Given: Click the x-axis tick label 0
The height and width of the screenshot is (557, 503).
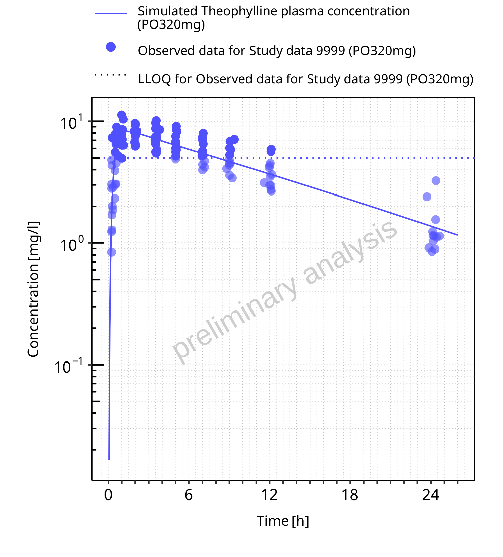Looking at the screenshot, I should [x=108, y=495].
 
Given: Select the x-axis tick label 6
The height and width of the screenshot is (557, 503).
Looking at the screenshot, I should [x=189, y=495].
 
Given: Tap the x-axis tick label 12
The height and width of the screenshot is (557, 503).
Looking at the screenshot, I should [x=269, y=495].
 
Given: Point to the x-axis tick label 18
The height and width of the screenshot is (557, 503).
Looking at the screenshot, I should [x=350, y=495].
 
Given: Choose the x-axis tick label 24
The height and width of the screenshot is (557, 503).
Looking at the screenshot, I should [x=430, y=495].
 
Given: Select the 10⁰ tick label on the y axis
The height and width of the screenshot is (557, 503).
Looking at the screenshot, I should [x=71, y=244].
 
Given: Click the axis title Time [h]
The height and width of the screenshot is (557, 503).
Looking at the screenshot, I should [x=283, y=521].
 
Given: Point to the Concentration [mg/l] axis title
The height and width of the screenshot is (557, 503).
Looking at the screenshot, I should [x=33, y=289].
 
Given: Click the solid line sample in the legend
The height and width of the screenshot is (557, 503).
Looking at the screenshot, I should [x=111, y=13].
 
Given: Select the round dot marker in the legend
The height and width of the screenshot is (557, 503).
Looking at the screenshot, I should [x=111, y=47].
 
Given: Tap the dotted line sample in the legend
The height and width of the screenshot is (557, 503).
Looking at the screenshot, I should [x=111, y=75].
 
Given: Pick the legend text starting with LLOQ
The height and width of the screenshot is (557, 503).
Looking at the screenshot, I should [x=305, y=79].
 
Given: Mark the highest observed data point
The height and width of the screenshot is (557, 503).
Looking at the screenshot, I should [x=122, y=115].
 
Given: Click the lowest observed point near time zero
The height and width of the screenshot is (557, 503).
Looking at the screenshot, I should [x=112, y=252].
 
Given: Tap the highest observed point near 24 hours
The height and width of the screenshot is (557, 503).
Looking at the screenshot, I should [x=436, y=181].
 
